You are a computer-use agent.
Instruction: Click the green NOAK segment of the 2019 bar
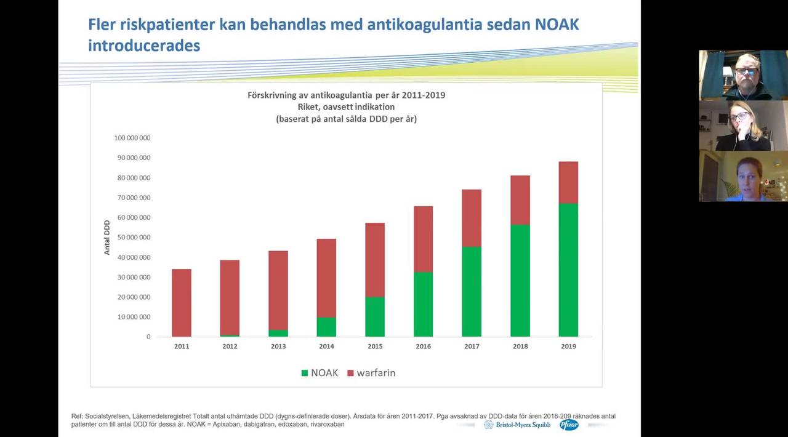point(568,270)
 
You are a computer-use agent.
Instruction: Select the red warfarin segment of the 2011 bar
point(182,303)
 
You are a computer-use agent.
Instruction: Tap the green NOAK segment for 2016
point(423,304)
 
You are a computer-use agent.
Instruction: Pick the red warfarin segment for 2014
point(326,278)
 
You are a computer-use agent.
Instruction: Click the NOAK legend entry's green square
point(305,373)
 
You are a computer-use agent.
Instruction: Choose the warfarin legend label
point(376,373)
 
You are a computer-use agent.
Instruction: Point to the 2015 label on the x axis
point(375,347)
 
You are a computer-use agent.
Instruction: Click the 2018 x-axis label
point(520,347)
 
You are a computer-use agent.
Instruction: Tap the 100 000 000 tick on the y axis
point(132,138)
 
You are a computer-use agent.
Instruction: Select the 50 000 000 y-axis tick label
point(134,238)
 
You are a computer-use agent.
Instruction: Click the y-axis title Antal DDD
point(107,238)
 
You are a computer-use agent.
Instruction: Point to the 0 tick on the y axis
point(148,337)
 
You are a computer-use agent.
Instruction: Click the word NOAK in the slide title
point(557,24)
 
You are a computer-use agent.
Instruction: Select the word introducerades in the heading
point(144,46)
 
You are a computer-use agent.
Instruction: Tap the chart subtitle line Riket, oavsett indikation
point(346,107)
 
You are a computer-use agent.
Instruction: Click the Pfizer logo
point(569,425)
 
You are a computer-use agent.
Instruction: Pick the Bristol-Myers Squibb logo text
point(523,425)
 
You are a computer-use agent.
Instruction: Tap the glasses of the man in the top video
point(746,71)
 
